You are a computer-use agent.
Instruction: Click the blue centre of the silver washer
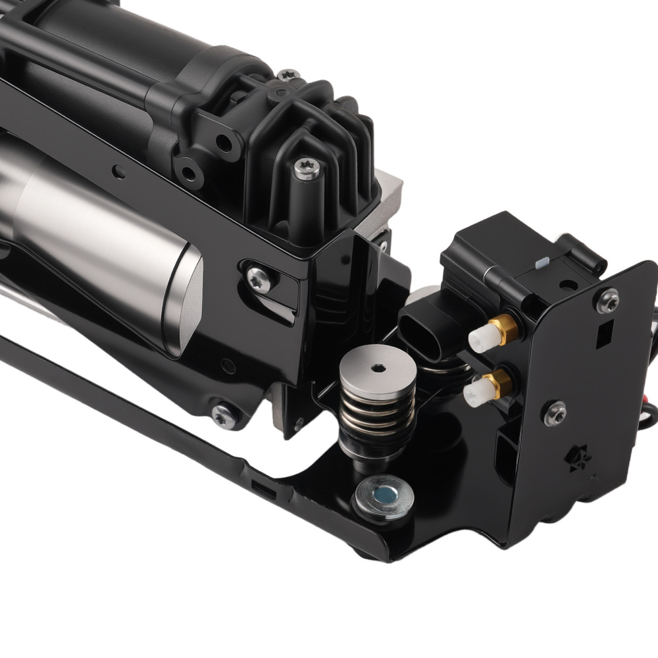(x=382, y=495)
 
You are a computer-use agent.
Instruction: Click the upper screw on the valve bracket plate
(x=607, y=301)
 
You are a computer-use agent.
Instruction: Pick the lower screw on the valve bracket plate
(x=554, y=413)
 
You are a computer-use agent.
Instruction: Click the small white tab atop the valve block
(x=542, y=263)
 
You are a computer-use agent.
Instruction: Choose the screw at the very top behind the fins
(x=288, y=76)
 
